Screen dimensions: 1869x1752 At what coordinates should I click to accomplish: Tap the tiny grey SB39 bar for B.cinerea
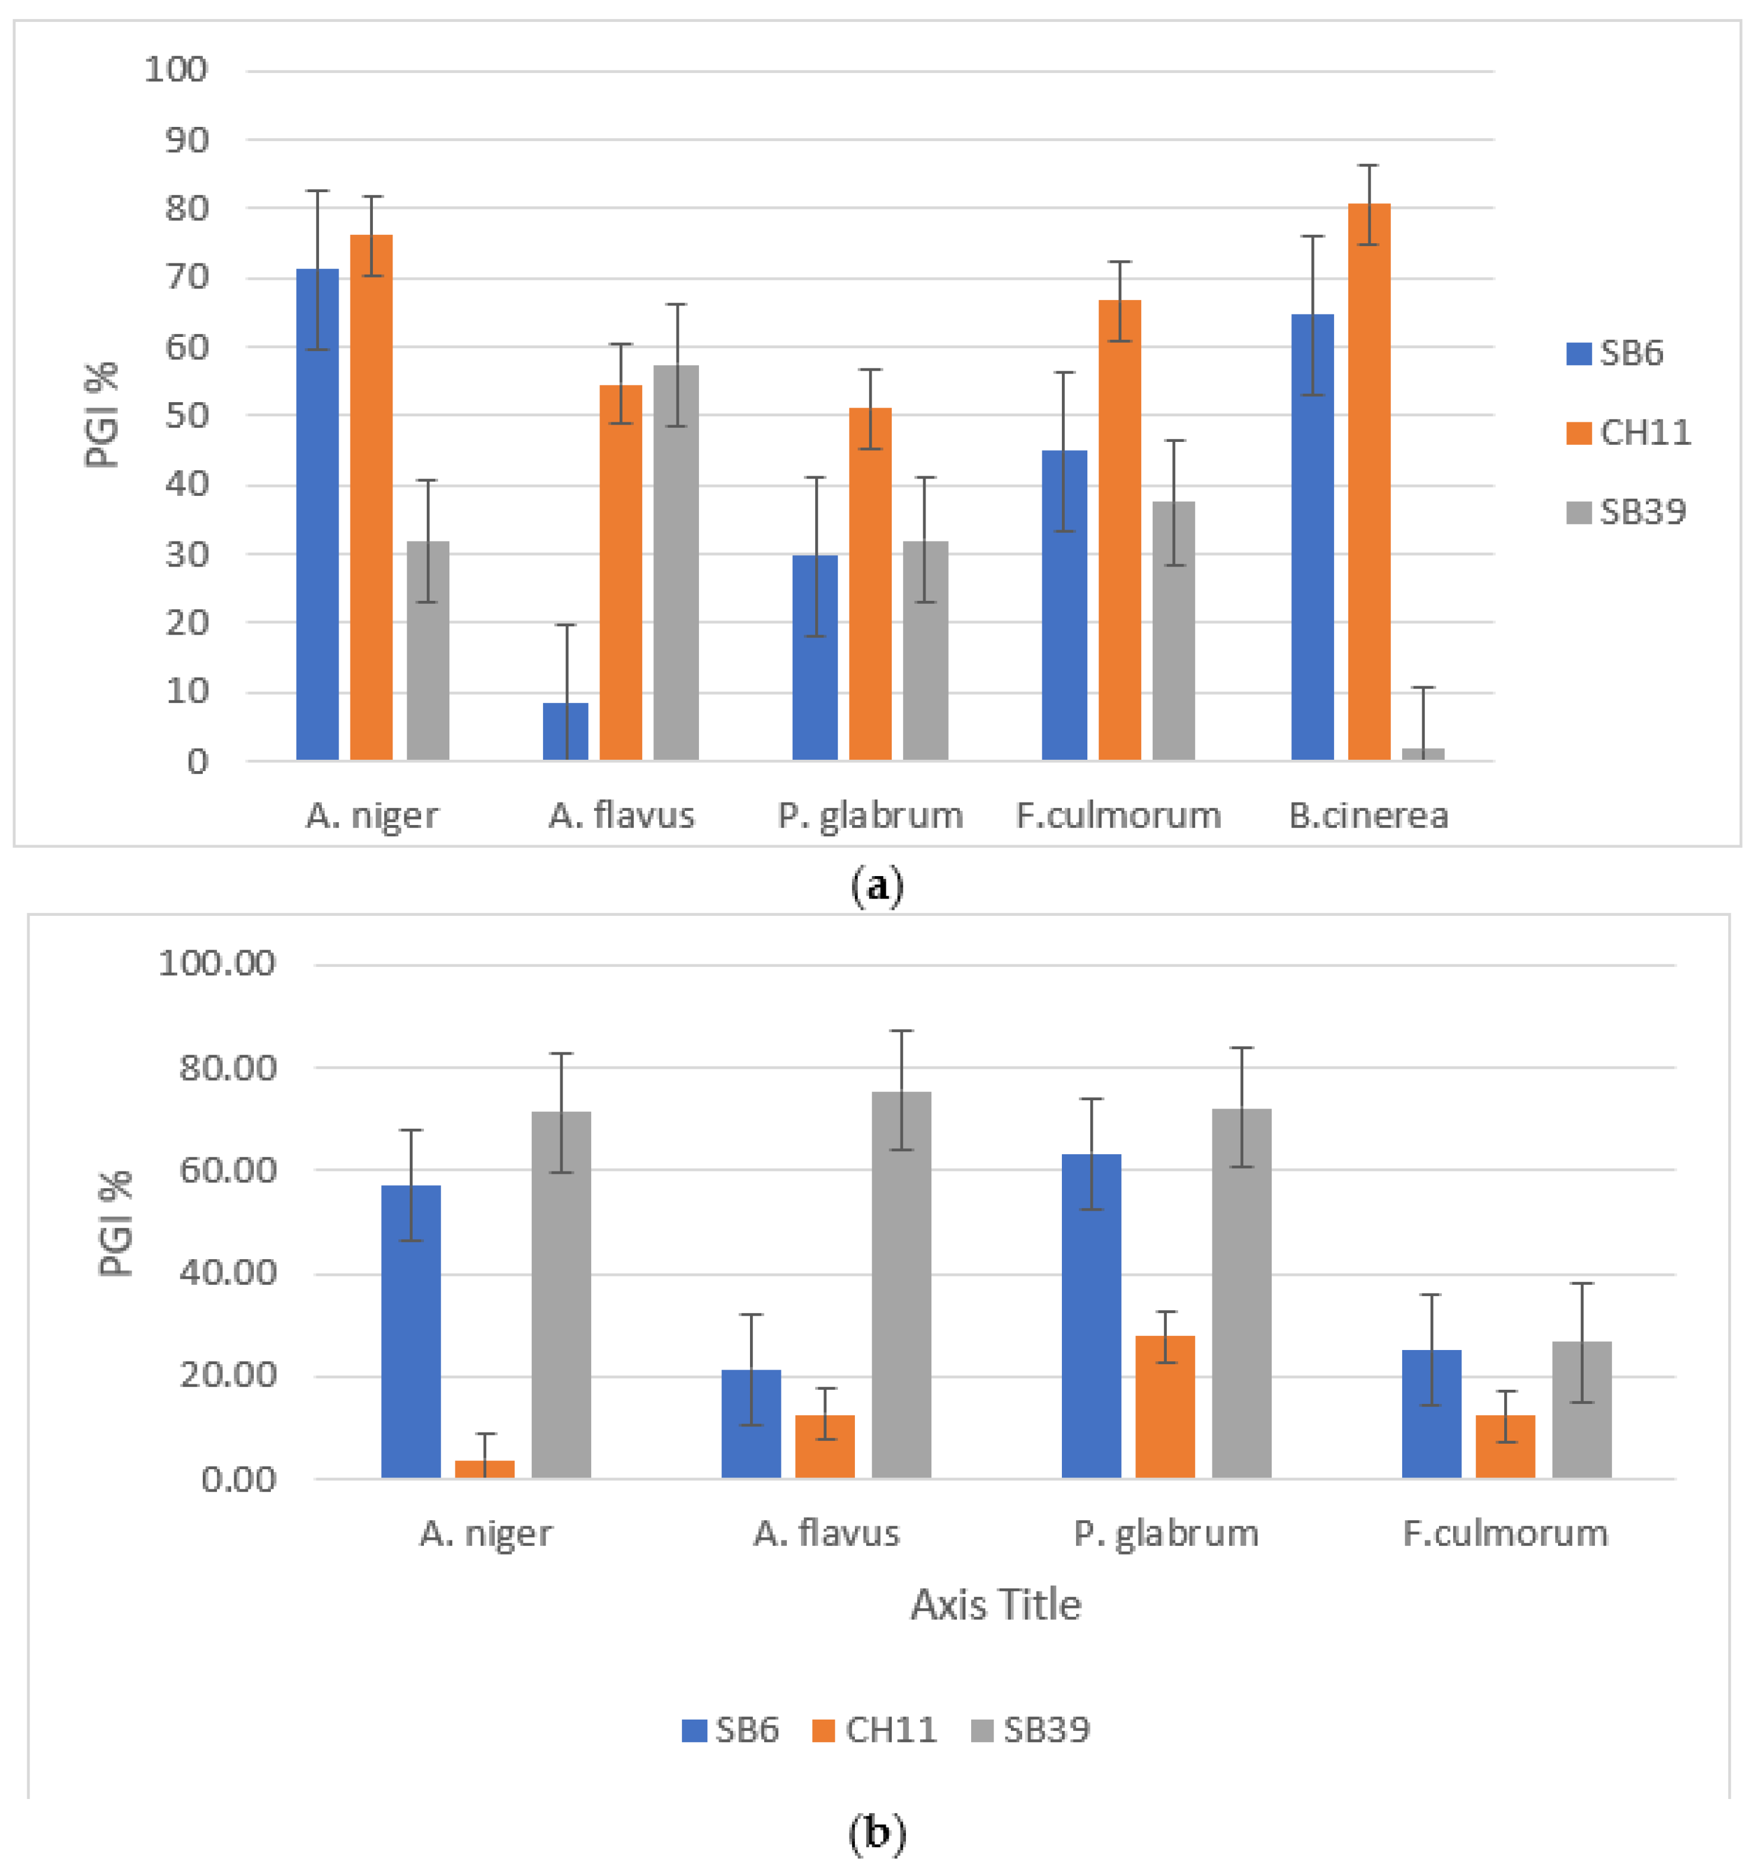(1422, 753)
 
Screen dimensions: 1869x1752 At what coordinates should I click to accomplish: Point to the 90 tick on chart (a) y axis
(186, 140)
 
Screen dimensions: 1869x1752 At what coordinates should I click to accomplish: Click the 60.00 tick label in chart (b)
(228, 1170)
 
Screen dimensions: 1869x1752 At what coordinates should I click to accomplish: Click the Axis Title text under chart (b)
(995, 1605)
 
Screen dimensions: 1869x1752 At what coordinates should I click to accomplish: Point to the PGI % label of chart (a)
(101, 415)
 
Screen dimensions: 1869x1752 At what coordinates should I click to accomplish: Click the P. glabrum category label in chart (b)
(1166, 1533)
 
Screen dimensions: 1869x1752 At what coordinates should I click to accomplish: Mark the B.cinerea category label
(1368, 815)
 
